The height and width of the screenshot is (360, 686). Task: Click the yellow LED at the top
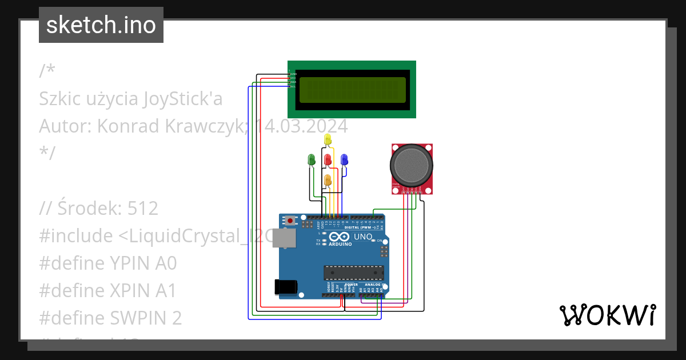coord(328,139)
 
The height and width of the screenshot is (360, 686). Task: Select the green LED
coord(312,159)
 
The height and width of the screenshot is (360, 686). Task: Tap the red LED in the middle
coord(328,159)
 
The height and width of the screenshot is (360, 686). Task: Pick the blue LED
coord(344,159)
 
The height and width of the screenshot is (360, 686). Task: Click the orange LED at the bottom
coord(328,180)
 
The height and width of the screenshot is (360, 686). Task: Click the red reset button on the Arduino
coord(291,221)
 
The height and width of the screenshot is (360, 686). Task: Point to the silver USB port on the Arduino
coord(283,238)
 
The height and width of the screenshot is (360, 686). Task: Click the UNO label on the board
coord(364,237)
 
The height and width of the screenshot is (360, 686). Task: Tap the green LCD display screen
coord(352,90)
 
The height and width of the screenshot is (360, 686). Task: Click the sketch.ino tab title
coord(101,25)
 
